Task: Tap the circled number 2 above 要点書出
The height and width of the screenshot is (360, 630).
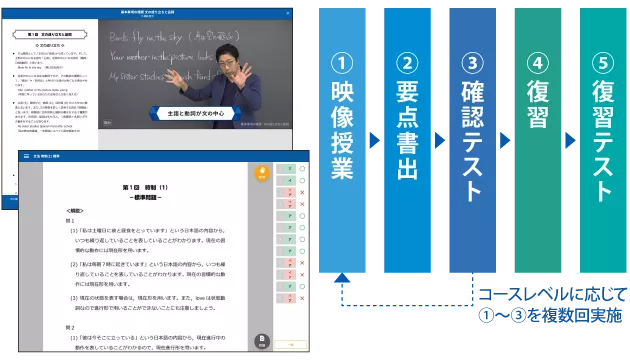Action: coord(407,63)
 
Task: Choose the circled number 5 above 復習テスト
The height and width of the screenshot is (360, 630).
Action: coord(604,63)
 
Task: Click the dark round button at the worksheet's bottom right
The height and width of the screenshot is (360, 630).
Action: coord(261,342)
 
